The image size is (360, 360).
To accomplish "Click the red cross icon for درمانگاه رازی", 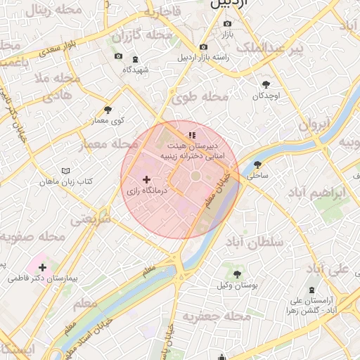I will coord(146,180).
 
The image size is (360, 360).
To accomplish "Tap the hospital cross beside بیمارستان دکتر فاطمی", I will coord(43,267).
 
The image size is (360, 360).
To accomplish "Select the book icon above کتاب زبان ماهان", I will coord(66,171).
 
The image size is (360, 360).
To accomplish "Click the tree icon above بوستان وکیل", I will coord(236,274).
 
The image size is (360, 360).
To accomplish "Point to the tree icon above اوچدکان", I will coord(266,84).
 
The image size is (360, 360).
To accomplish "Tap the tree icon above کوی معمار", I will coord(108,110).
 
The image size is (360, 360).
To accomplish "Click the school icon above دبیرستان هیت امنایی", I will coord(191,135).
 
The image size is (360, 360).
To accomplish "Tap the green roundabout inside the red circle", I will coord(196,176).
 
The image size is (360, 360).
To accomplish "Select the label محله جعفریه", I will coord(217,317).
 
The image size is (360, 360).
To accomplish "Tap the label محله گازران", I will coord(150,34).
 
